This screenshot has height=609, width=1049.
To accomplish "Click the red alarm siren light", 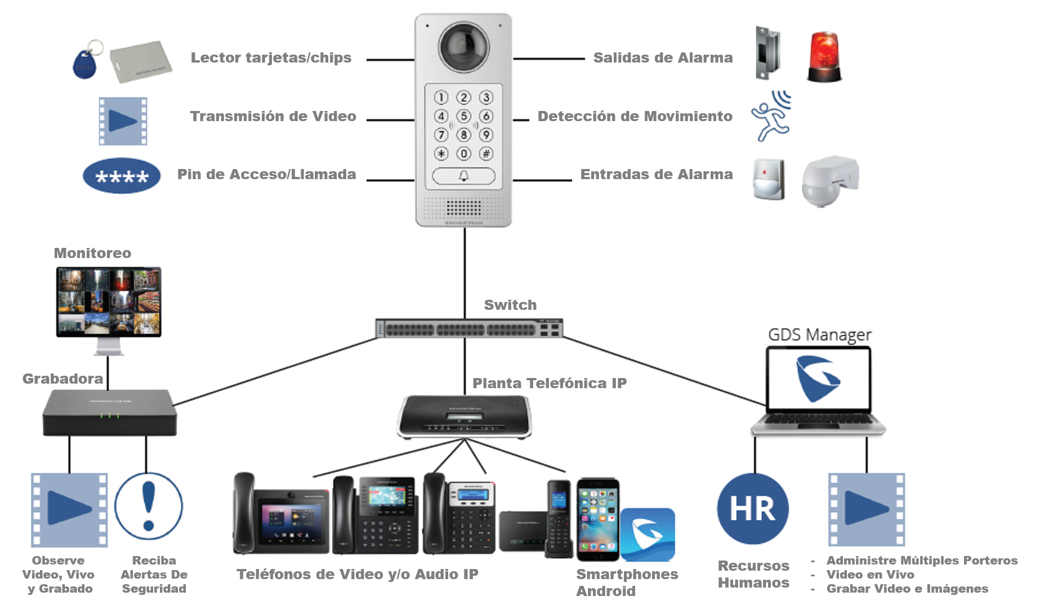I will [824, 57].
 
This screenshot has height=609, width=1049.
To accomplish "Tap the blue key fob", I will [85, 64].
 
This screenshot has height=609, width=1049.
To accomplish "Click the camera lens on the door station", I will [463, 45].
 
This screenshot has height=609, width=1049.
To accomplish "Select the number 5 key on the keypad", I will [463, 116].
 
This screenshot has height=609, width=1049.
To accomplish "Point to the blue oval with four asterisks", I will [122, 176].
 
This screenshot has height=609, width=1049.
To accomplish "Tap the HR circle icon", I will [753, 509].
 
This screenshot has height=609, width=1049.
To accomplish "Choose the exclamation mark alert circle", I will [149, 506].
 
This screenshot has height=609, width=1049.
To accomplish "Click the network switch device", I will [469, 328].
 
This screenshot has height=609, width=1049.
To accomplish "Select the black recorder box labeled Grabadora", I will [110, 412].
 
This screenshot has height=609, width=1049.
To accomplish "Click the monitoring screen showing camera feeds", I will [109, 302].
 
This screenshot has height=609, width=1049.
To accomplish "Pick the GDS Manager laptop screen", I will [818, 378].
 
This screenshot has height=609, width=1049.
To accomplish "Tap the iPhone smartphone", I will [597, 519].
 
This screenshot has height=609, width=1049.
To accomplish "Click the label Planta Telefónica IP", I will [549, 383].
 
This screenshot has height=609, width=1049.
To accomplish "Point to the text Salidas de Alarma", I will [663, 57].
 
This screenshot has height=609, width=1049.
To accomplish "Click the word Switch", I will [510, 305].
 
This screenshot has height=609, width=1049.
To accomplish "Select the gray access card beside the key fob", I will [141, 61].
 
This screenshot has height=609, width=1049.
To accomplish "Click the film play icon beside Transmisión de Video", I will [123, 121].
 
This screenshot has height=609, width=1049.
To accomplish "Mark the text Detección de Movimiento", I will [635, 116].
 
